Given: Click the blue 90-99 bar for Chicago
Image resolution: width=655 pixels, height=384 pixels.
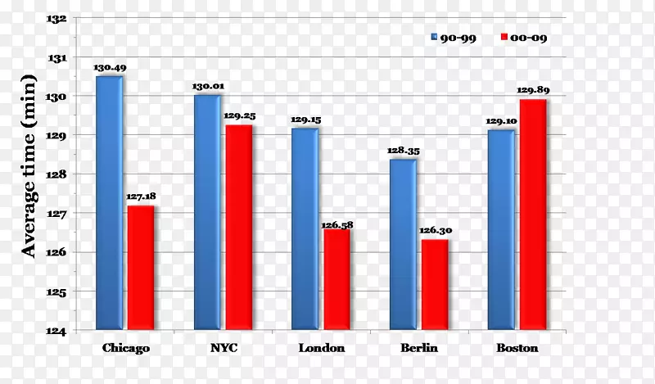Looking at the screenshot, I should pyautogui.click(x=110, y=203).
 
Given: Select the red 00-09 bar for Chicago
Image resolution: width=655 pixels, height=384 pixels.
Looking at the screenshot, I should pyautogui.click(x=141, y=268).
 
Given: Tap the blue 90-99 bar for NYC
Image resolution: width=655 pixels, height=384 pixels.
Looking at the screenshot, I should pyautogui.click(x=207, y=213).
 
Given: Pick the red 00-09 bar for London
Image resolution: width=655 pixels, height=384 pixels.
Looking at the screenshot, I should pyautogui.click(x=337, y=280).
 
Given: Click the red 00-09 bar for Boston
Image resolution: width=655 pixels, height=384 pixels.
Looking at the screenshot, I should pyautogui.click(x=532, y=215).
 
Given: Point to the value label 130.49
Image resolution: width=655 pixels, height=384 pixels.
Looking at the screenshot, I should pyautogui.click(x=109, y=67).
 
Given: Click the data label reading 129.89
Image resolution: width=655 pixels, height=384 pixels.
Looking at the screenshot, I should pyautogui.click(x=532, y=90).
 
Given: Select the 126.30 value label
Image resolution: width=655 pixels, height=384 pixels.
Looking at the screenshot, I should pyautogui.click(x=435, y=230).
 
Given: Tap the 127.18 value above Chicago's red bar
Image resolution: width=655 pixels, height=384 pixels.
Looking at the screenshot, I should pyautogui.click(x=141, y=197).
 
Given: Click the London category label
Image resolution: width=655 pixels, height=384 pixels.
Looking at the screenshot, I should pyautogui.click(x=321, y=348).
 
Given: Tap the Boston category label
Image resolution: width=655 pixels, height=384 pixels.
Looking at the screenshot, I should pyautogui.click(x=517, y=348).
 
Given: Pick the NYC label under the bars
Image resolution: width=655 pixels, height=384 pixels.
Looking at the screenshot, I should pyautogui.click(x=223, y=348).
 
